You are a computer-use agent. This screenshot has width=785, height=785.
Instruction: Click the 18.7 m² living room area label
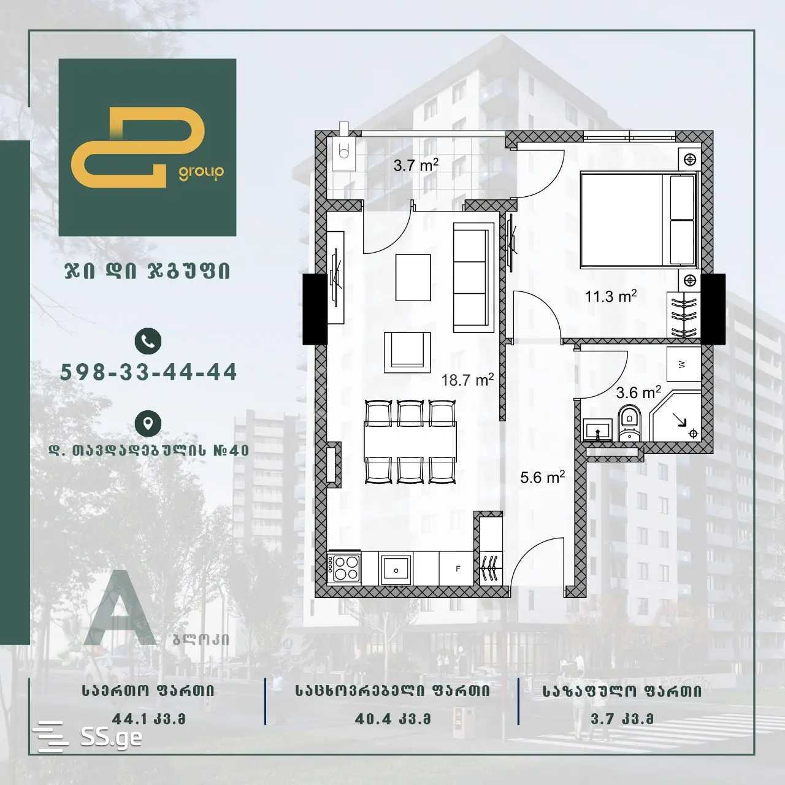click(x=467, y=380)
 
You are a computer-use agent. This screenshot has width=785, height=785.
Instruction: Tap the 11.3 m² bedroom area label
click(x=610, y=297)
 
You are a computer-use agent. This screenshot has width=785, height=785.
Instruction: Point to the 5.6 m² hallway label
click(x=542, y=477)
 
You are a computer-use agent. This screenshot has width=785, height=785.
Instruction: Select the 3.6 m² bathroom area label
click(x=638, y=392)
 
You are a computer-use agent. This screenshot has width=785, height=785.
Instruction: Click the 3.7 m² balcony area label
click(x=416, y=165)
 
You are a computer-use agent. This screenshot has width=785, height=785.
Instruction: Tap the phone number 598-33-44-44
click(x=149, y=372)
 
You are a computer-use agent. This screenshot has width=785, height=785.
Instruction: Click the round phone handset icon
click(x=148, y=340)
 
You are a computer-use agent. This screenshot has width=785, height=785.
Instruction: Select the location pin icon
click(x=148, y=423)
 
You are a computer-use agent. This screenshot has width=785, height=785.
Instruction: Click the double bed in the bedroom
click(x=638, y=220)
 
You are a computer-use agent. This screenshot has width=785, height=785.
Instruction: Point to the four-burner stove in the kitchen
click(x=345, y=568)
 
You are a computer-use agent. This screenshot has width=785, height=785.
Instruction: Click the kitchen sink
click(x=396, y=569)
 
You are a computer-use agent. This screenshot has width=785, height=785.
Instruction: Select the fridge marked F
click(x=458, y=569)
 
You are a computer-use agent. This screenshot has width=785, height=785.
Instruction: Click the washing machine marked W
click(x=683, y=364)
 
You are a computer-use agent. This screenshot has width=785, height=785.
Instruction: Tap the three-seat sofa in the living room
click(x=473, y=277)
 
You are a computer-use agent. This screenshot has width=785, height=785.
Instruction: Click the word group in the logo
click(x=201, y=173)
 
